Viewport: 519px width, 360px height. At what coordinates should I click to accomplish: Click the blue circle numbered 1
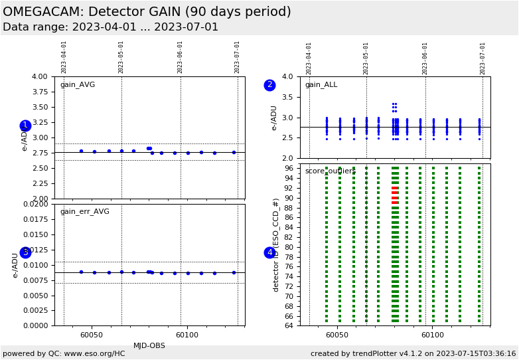coord(25,126)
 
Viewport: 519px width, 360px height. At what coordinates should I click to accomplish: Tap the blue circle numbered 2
coord(269,85)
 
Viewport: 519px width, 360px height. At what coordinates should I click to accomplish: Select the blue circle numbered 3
coord(25,252)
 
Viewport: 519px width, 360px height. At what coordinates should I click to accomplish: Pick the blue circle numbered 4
coord(269,252)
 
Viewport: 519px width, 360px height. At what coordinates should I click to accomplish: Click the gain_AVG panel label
coord(78,85)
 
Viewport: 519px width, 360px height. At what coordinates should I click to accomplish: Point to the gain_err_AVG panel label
coord(84,212)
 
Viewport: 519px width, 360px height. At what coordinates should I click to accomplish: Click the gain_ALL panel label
coord(321,85)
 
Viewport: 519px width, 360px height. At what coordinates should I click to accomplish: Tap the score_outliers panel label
coord(331,171)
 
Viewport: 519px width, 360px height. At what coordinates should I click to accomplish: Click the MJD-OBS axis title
coord(149,345)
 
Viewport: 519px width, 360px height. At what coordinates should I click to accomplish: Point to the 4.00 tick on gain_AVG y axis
coord(40,77)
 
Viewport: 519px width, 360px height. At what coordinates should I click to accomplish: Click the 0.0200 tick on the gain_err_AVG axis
coord(35,204)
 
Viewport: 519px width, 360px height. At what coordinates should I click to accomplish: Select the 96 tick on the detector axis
coord(289,169)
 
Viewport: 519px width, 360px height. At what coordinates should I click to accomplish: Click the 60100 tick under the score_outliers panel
coord(433,335)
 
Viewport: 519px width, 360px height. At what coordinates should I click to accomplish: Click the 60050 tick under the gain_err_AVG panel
coord(92,335)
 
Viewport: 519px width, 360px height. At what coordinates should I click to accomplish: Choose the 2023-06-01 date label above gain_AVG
coord(180,57)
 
